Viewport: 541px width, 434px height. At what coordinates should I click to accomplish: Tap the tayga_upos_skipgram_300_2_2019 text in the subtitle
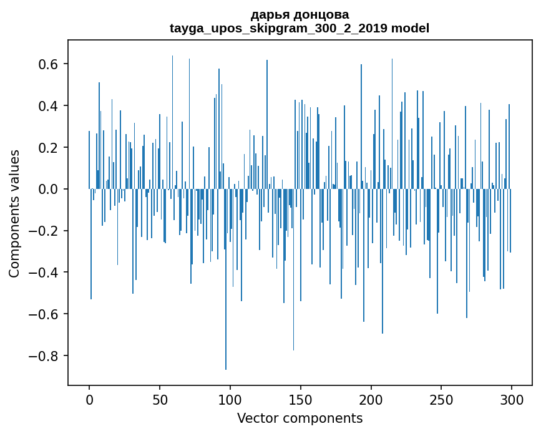click(x=279, y=28)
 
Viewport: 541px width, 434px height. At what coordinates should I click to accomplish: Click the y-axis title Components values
click(x=14, y=213)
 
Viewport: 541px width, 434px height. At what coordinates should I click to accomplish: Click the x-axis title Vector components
click(x=300, y=418)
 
